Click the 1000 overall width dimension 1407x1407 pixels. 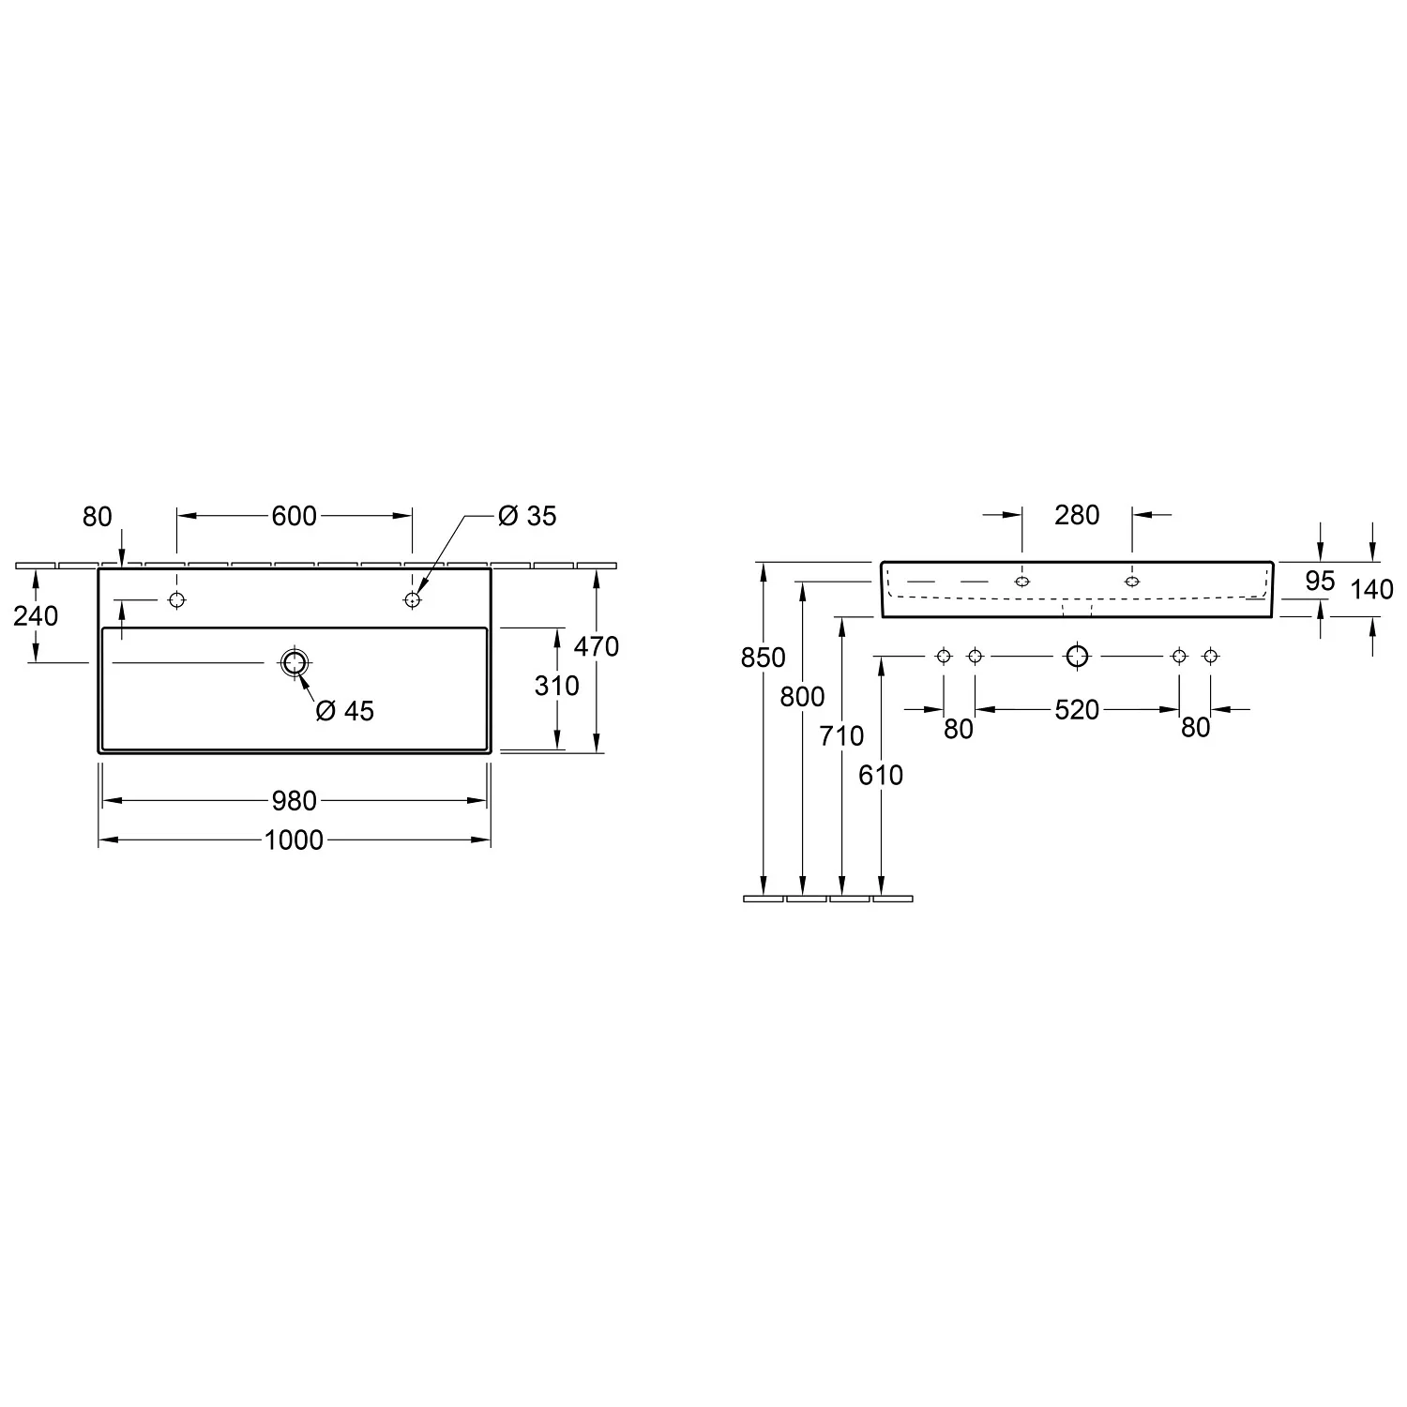[294, 840]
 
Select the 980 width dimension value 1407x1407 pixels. [295, 800]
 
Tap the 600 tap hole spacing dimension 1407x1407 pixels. [295, 515]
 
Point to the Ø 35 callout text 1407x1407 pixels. [527, 515]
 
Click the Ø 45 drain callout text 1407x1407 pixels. [345, 711]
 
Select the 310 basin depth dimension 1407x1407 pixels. [557, 686]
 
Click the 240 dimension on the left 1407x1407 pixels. [36, 615]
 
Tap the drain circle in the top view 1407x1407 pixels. [295, 662]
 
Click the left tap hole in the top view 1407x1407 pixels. [175, 600]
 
